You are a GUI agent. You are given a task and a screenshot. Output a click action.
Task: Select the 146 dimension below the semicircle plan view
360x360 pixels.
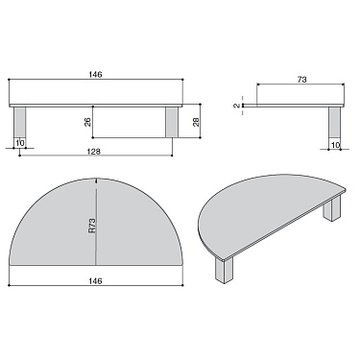point(97,279)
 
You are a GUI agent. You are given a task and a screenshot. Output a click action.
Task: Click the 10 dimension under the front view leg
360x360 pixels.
point(19,144)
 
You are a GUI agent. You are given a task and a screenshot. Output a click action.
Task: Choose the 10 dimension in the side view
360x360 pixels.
point(336,144)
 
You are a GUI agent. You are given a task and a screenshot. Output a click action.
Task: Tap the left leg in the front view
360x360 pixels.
point(20,122)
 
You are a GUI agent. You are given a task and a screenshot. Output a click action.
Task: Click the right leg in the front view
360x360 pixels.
point(173,122)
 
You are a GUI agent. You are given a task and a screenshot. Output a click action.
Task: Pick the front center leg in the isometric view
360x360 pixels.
point(228,272)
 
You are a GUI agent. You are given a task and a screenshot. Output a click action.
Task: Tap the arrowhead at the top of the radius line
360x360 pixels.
point(97,182)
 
